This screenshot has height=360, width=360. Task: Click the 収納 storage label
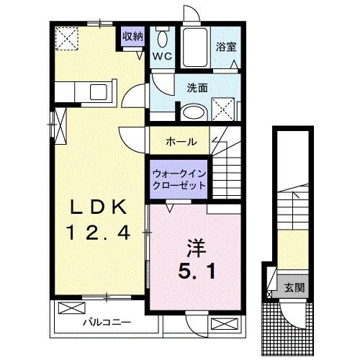click(x=132, y=37)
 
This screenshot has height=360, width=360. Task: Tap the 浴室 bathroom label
click(x=226, y=48)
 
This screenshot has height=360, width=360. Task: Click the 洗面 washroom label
click(x=197, y=89)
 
